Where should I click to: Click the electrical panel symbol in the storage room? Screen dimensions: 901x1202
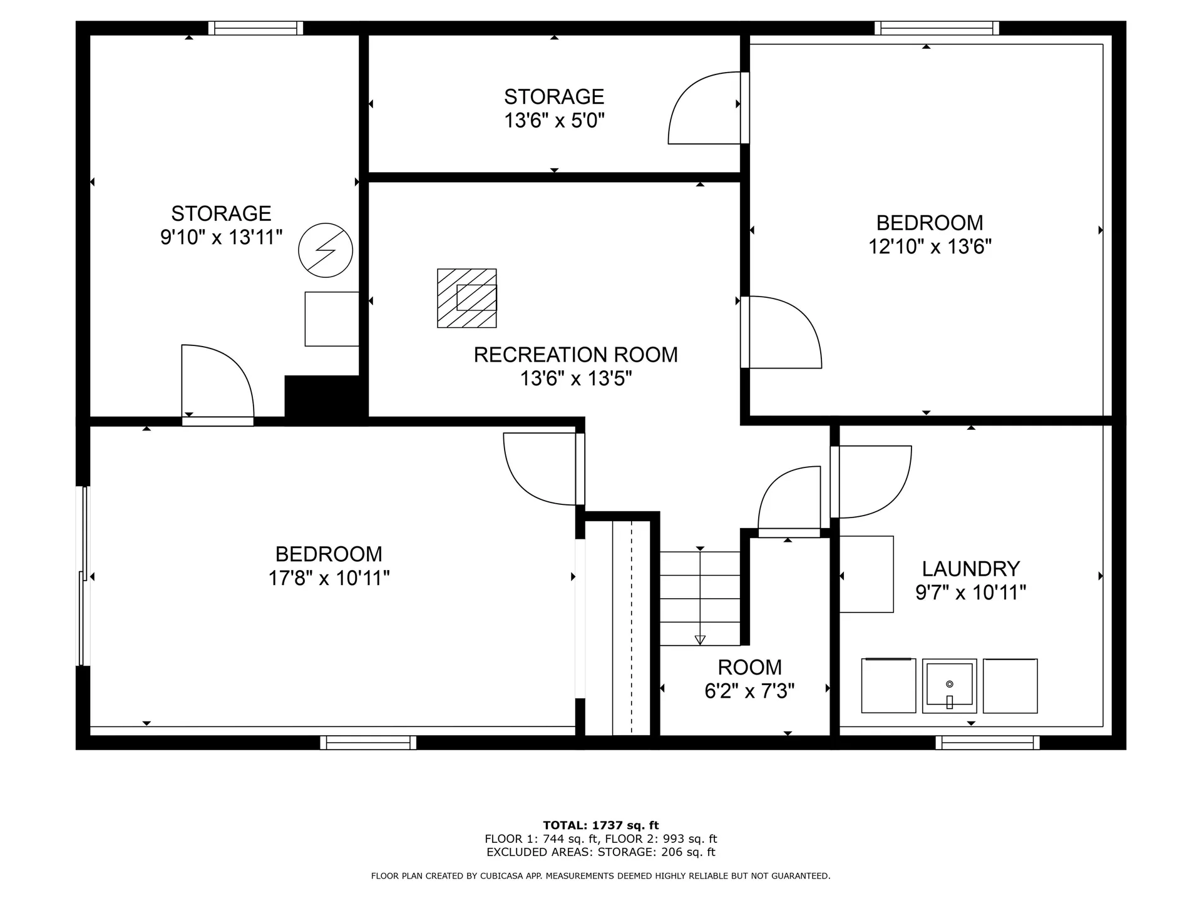click(x=326, y=250)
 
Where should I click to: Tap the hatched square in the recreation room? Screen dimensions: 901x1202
click(x=466, y=298)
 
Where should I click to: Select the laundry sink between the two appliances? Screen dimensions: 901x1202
click(x=949, y=686)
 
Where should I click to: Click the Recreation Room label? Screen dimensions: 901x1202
click(x=575, y=355)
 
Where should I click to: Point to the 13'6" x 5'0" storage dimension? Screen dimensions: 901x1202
click(x=554, y=120)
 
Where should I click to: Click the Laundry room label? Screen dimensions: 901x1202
click(x=971, y=569)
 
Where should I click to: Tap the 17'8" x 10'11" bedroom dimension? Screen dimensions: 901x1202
click(x=329, y=578)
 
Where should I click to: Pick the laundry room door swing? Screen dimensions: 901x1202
click(x=873, y=482)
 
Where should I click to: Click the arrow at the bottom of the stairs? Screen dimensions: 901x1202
click(x=700, y=639)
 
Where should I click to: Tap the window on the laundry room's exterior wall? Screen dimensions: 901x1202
click(x=987, y=743)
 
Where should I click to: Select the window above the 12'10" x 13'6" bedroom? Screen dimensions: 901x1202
click(x=937, y=28)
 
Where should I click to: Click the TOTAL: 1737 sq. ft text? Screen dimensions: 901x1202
click(x=600, y=825)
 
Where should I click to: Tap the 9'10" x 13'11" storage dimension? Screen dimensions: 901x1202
click(x=221, y=238)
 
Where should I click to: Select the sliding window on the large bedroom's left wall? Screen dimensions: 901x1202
click(x=83, y=576)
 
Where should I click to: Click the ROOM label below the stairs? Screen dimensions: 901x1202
click(x=749, y=667)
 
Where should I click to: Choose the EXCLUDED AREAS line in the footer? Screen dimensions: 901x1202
click(x=600, y=852)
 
